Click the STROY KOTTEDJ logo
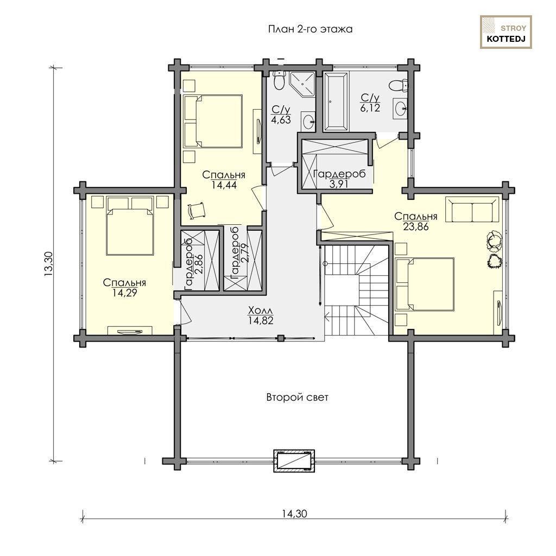point(506,32)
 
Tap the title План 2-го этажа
point(310,29)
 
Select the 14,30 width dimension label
point(295,513)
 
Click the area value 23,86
point(415,226)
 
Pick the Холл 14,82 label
point(261,315)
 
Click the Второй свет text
point(297,397)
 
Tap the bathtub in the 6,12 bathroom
point(336,101)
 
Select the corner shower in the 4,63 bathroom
point(302,84)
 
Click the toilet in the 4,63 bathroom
point(280,80)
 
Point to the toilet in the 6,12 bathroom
point(398,85)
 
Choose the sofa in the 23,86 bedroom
point(472,210)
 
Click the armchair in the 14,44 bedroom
point(195,211)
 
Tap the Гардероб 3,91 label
point(339,179)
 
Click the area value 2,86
point(199,263)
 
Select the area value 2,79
point(244,252)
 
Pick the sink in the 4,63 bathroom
point(308,121)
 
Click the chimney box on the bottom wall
point(294,460)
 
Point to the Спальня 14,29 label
point(124,288)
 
